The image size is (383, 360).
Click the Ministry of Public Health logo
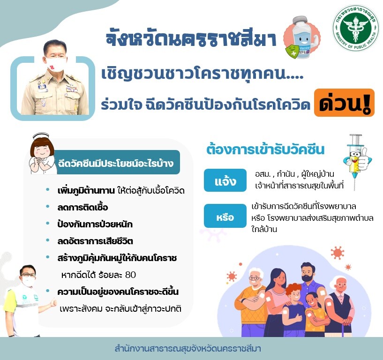356,28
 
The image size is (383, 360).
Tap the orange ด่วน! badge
344,103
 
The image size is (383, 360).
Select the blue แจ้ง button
225,180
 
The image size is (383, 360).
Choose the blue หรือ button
225,216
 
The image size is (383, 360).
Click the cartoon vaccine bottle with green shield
302,38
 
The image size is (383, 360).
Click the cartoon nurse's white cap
41,136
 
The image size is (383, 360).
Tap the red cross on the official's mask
52,67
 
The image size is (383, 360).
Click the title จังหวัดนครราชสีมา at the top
191,38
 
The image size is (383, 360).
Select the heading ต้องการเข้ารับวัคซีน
265,150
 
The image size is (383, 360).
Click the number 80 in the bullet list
130,275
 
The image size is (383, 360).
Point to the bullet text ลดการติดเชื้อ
83,207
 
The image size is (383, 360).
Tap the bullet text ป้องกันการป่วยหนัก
95,224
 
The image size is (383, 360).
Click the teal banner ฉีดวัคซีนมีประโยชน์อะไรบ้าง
116,162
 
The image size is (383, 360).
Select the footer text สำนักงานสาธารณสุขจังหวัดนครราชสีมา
188,349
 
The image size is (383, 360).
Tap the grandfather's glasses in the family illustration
255,278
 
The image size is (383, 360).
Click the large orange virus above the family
338,253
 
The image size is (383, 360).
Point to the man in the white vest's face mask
28,281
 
